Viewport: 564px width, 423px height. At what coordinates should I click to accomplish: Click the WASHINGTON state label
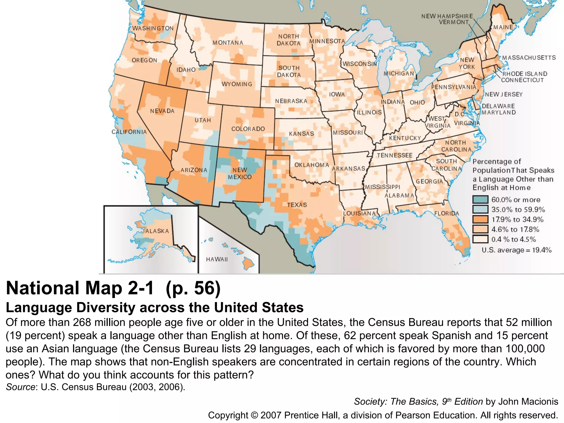coord(153,28)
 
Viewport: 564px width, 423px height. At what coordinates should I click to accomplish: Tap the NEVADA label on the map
coord(162,111)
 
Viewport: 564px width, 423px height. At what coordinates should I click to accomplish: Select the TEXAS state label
coord(297,205)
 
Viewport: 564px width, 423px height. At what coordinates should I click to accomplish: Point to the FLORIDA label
coord(446,213)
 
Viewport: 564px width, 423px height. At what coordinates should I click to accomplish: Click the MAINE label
coord(503,27)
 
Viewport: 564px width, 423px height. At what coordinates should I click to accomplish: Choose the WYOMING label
coord(237,84)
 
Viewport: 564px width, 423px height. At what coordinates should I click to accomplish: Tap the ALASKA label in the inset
coord(157,231)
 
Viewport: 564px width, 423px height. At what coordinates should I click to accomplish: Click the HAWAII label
coord(217,259)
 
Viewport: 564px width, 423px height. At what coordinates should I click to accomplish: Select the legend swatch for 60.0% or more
coord(480,200)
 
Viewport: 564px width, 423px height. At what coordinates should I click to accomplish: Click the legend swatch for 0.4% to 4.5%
coord(480,239)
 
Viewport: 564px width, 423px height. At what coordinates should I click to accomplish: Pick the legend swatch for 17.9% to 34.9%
coord(480,219)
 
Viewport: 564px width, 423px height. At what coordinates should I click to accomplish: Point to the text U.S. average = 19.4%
coord(516,250)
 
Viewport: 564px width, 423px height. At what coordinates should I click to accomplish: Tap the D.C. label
coord(459,114)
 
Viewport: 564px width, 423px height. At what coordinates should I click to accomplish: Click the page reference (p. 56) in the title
coord(193,288)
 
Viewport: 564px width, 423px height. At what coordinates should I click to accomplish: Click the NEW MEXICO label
coord(240,173)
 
